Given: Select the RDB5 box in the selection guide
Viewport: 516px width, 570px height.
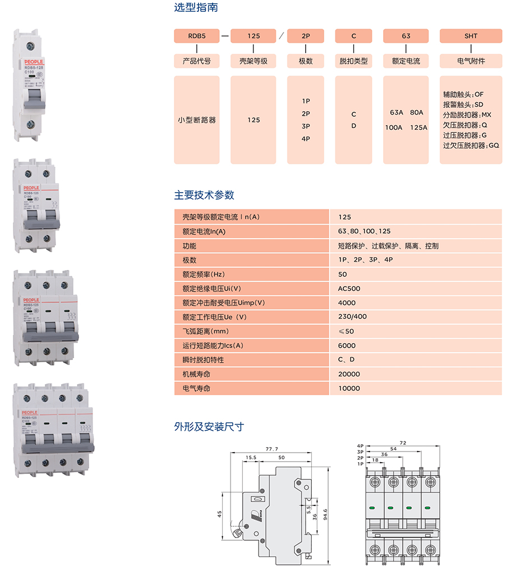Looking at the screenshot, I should coord(196,36).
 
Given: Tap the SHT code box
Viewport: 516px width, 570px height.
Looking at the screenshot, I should coord(471,36).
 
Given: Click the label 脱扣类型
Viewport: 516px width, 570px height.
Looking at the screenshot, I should coord(353,61).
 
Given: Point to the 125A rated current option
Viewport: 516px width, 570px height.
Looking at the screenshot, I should coord(418,127).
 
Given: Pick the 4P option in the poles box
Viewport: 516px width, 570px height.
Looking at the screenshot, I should coord(306,139).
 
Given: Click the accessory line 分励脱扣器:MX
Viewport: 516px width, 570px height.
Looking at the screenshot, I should coord(467,115).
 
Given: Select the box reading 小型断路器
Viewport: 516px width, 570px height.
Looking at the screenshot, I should coord(196,120).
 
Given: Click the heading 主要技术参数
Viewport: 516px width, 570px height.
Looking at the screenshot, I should coord(204,195).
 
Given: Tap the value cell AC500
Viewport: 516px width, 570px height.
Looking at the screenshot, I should coord(349,289).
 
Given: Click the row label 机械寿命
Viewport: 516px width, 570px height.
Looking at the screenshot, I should coord(195,374).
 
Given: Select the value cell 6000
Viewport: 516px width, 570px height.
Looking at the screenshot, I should coord(347,345).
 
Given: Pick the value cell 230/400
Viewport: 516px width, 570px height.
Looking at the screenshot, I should coord(352,317).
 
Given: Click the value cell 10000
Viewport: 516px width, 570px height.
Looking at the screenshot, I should coord(349,388).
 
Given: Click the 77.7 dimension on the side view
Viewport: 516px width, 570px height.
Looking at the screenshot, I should coord(272,449).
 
